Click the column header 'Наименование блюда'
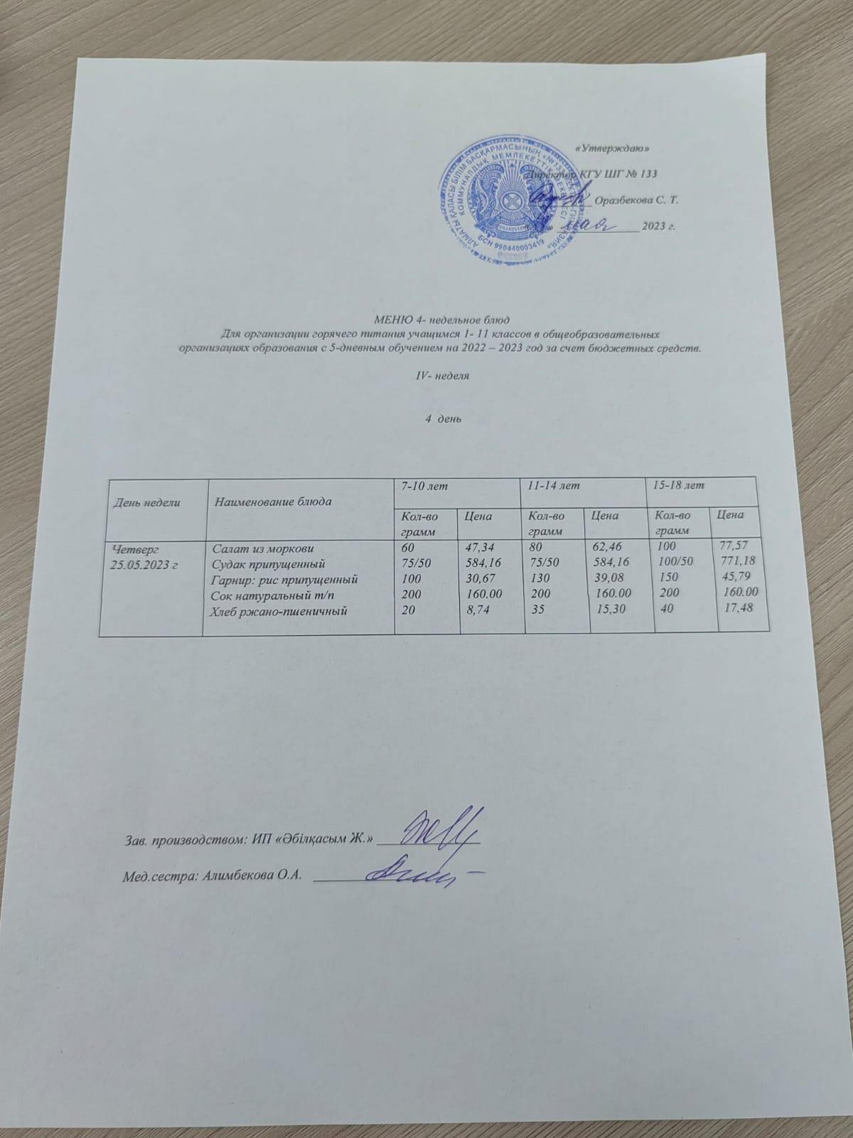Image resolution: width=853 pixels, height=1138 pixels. (x=273, y=501)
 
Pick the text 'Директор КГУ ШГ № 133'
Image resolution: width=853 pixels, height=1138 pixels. (x=589, y=174)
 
